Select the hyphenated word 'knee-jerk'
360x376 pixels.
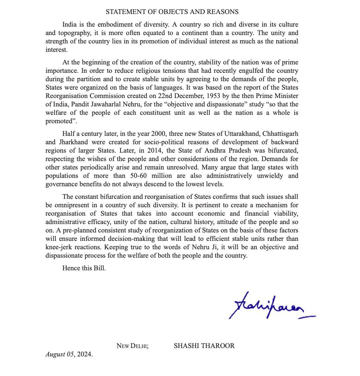(x=59, y=247)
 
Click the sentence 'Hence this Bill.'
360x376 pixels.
(x=84, y=269)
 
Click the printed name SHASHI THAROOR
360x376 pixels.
(x=204, y=346)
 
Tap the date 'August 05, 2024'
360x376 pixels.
(x=69, y=354)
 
